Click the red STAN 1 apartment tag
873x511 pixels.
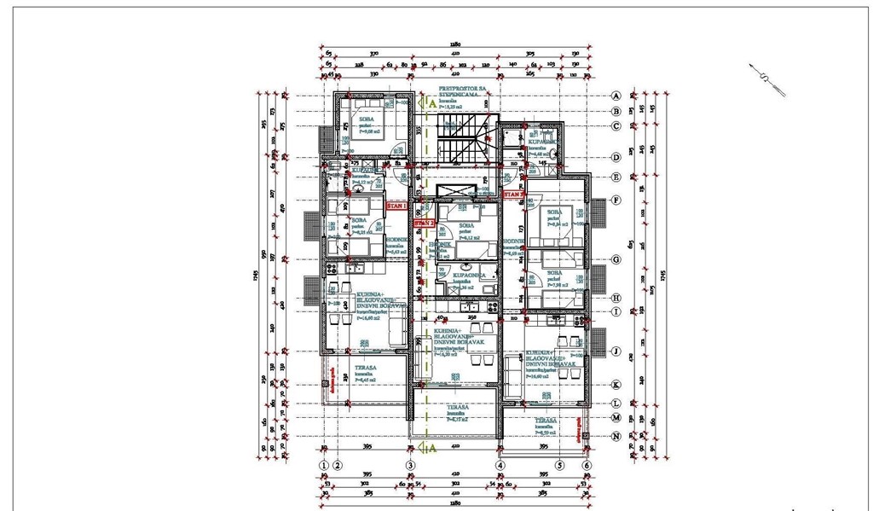396,206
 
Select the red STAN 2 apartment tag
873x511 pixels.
424,224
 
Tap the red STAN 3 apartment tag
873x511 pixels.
513,195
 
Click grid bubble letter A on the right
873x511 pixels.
615,96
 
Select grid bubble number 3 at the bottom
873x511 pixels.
410,465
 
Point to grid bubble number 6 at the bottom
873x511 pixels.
587,465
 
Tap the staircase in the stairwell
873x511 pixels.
460,140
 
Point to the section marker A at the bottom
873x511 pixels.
432,446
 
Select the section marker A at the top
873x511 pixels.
432,102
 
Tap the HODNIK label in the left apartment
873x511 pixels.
396,241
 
